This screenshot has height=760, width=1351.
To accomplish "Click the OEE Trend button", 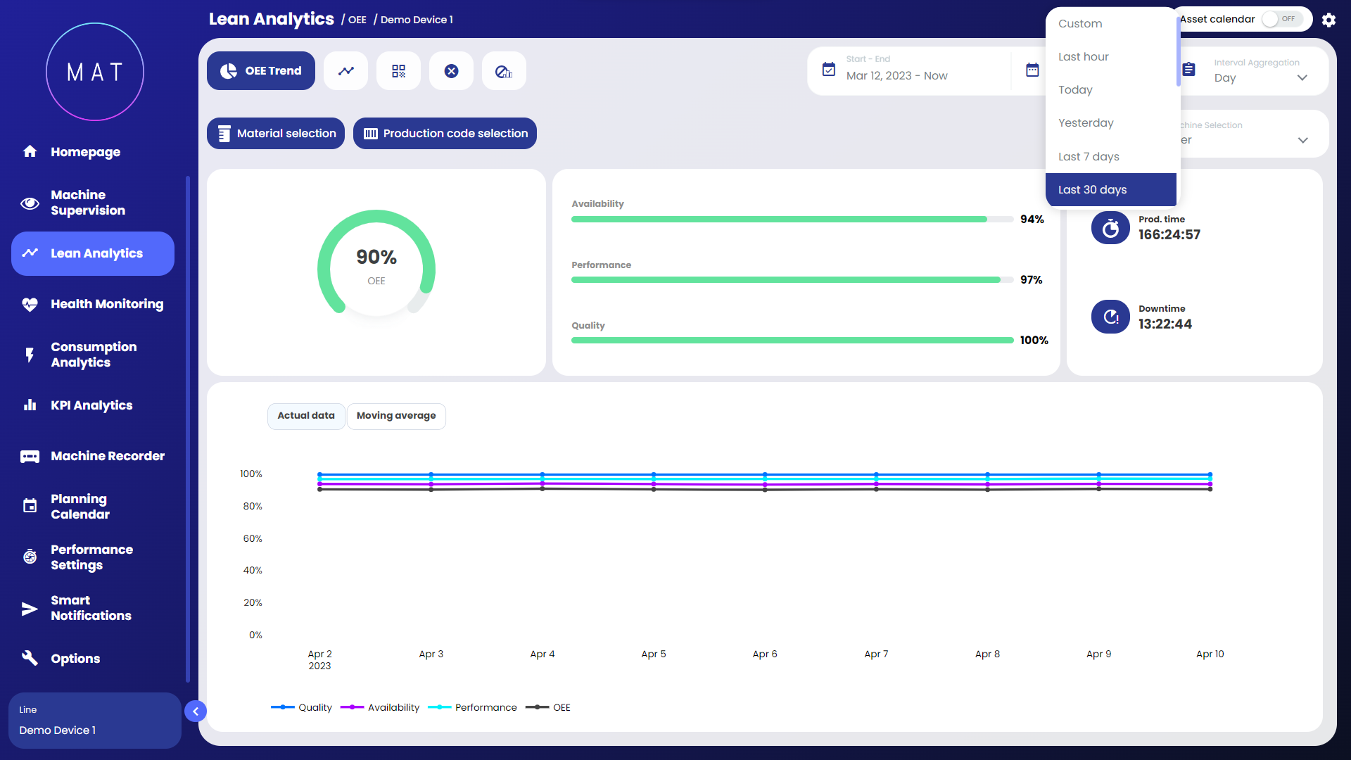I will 261,71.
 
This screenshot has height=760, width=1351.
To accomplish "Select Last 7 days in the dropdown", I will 1089,157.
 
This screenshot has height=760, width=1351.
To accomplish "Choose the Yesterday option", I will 1086,123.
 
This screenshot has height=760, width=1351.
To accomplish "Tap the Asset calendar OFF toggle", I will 1281,19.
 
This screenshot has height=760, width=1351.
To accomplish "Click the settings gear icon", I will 1328,20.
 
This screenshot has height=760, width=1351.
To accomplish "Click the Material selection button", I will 276,134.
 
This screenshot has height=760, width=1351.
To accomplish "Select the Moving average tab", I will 396,416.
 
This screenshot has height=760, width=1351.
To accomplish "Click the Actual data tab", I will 306,416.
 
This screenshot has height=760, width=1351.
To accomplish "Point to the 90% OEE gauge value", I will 376,258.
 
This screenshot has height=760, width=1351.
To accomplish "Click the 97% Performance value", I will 1032,280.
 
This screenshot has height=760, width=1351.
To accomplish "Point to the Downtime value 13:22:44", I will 1165,324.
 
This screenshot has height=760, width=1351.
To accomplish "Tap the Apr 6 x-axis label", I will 765,654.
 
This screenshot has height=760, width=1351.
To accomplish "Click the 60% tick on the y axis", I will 253,539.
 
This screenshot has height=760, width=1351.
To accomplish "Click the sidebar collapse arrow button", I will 196,711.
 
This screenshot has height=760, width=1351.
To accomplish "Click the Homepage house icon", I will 30,151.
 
